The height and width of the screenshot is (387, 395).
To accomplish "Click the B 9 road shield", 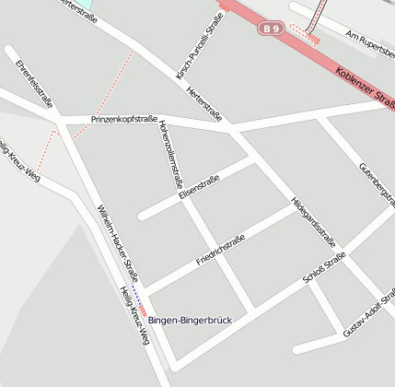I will [x=271, y=29].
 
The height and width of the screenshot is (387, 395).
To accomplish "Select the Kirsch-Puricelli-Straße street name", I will [x=202, y=52].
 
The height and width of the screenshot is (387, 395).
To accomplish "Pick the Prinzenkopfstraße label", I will [x=124, y=120].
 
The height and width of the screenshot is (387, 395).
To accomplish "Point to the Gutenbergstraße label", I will [x=375, y=184].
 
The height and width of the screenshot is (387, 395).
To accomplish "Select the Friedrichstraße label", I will [x=220, y=250].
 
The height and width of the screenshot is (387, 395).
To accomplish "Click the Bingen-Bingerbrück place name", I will [x=191, y=320].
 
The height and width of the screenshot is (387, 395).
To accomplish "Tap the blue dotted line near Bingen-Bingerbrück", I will [x=134, y=294].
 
